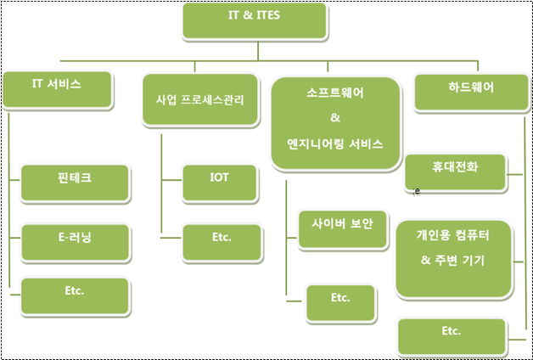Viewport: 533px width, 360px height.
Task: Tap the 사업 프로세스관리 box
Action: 199,101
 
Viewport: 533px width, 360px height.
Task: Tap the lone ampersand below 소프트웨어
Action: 334,118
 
